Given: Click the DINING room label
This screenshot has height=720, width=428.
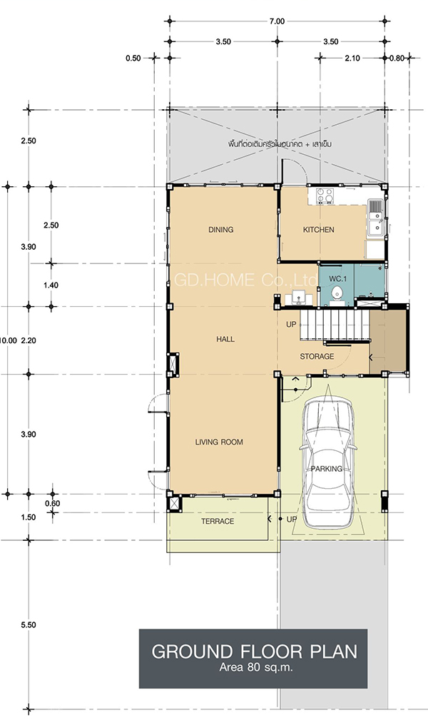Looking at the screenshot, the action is (221, 230).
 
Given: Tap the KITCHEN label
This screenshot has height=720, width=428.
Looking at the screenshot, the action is (318, 230).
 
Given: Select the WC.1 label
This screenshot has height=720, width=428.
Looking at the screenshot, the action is (337, 279).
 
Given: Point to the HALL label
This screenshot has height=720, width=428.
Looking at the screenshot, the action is (225, 340).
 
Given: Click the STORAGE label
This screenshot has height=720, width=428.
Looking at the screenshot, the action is (317, 356).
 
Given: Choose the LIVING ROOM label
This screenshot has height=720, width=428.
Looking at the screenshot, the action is (219, 442).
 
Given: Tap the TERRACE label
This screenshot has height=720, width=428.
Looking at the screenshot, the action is (218, 521).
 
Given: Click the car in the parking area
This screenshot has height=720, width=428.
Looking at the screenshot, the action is (327, 463).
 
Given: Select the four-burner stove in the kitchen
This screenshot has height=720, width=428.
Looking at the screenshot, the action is (325, 196).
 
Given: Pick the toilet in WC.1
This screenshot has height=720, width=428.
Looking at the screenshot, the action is (337, 294).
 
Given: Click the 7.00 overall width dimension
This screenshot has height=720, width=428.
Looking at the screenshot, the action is (277, 21).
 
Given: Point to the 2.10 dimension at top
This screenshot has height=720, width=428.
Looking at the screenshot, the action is (352, 59).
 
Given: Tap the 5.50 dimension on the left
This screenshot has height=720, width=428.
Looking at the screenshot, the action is (29, 625).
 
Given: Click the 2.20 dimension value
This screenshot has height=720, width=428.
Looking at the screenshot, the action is (29, 340).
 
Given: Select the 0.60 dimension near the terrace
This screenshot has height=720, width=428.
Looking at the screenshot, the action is (52, 503).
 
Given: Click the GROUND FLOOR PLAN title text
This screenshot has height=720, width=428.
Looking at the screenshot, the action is (254, 651).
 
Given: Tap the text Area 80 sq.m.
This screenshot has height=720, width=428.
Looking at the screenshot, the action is (256, 667).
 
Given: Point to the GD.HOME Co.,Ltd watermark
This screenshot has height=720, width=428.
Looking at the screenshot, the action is (246, 280).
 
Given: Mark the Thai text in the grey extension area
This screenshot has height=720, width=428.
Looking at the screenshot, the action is (280, 143).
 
